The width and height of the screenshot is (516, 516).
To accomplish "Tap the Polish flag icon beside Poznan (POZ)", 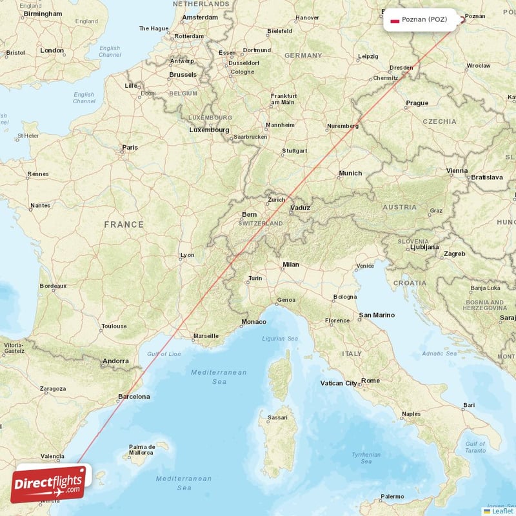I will coord(394,19).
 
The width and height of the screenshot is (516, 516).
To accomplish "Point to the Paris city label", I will coord(130,148).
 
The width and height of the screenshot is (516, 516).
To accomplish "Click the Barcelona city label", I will coord(134,397).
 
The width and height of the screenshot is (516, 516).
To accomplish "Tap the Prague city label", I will coord(417,103).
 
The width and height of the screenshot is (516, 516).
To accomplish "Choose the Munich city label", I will coord(350,173).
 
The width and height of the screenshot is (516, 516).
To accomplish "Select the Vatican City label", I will coord(339,383).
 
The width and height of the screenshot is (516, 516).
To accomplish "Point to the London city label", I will coord(52,50).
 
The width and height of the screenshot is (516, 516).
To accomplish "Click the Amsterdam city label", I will coord(200,17).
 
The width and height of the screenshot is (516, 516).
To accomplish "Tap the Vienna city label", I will coord(457,171).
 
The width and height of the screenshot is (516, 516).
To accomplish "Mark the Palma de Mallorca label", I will coord(142,450).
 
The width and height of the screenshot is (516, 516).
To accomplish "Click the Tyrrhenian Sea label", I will coord(366,457).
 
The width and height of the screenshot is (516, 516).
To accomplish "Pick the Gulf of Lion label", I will coord(164,354).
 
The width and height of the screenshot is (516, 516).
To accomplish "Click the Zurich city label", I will coord(277,200).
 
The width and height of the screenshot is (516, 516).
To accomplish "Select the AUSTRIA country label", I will coord(399,207).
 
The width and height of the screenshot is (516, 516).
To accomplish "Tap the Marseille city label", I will coord(206,335).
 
